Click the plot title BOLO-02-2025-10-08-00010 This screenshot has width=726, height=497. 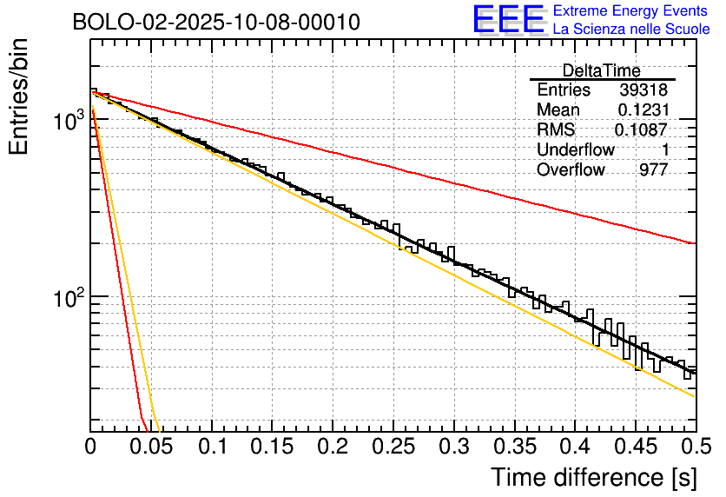(216, 22)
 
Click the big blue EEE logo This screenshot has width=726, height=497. (508, 20)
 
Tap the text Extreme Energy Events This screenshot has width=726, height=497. (630, 11)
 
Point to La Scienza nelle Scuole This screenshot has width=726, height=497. (631, 29)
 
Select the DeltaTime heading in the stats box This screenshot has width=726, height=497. (602, 70)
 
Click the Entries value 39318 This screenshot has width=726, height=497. (643, 90)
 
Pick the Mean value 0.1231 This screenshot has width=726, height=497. (643, 110)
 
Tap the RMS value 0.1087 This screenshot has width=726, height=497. (641, 130)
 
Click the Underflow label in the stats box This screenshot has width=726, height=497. (575, 150)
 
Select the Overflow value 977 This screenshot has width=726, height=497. (653, 170)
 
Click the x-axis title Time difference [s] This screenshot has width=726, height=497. (593, 477)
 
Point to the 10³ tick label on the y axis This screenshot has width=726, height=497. (67, 121)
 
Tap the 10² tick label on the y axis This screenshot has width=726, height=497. (67, 297)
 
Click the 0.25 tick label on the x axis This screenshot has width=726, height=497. (393, 448)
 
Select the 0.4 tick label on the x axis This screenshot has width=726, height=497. (575, 448)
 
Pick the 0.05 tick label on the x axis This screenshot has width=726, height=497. (151, 448)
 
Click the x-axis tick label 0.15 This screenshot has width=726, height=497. (273, 448)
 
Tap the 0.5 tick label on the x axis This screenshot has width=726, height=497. (695, 448)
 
